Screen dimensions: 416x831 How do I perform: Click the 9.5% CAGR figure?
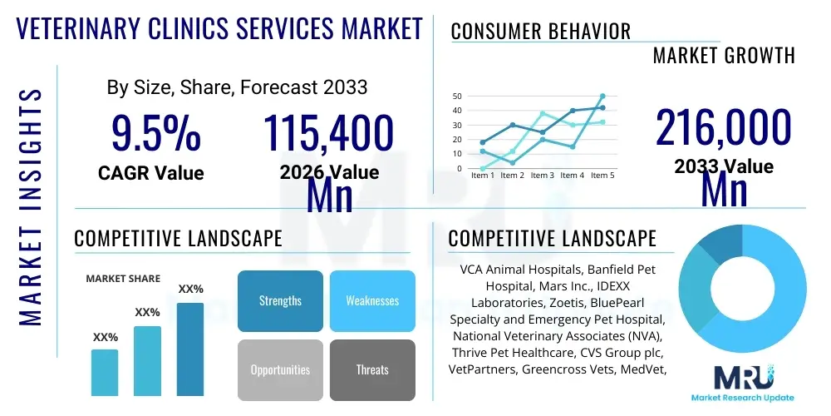[x=156, y=133]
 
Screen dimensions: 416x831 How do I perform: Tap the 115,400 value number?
[x=328, y=133]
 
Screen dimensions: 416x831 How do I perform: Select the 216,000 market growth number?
[x=723, y=128]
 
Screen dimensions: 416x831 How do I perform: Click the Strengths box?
[x=280, y=300]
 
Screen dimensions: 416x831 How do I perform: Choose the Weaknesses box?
[x=372, y=300]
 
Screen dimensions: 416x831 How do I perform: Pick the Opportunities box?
[x=280, y=369]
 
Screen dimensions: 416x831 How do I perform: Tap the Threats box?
[x=372, y=369]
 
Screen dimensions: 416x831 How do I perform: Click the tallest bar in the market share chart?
[x=190, y=349]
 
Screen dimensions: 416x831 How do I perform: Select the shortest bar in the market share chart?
[x=105, y=372]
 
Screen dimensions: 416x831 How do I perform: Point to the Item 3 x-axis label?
[x=543, y=176]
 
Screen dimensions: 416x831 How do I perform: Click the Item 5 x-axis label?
[x=601, y=176]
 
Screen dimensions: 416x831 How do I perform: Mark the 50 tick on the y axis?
[x=456, y=97]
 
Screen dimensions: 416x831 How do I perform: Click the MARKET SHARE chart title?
[x=123, y=279]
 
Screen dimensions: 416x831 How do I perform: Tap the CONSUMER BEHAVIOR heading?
[x=541, y=32]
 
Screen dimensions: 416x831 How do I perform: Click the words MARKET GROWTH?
[x=724, y=56]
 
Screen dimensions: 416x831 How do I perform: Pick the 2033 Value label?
[x=724, y=166]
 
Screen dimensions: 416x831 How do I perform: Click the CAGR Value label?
[x=150, y=173]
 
